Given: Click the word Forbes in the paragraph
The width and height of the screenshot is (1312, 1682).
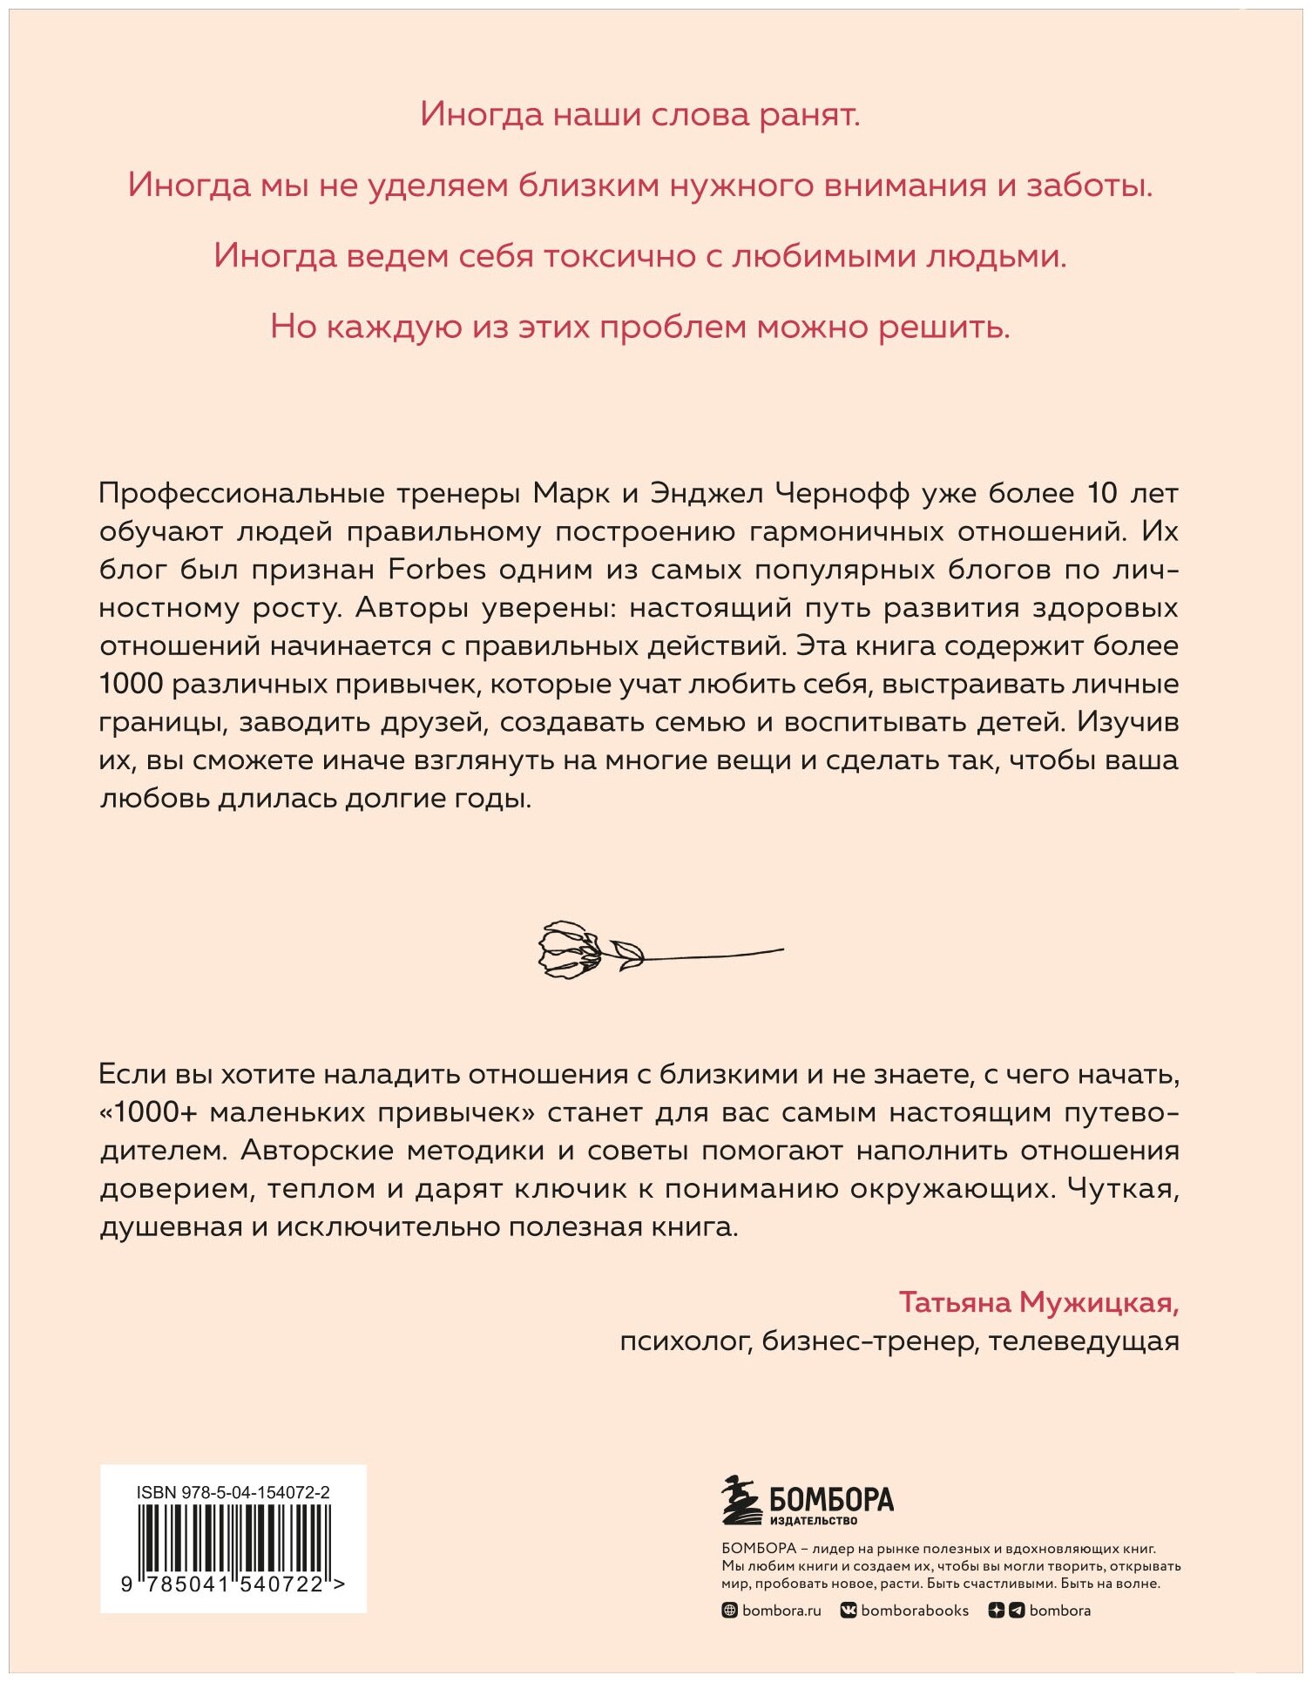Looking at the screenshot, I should pyautogui.click(x=436, y=570).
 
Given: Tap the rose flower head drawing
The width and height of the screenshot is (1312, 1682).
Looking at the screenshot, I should pyautogui.click(x=567, y=949).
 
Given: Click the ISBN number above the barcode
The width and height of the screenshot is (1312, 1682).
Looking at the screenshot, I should pyautogui.click(x=233, y=1492).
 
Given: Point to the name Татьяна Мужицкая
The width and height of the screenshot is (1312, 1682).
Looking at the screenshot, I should pyautogui.click(x=1038, y=1302).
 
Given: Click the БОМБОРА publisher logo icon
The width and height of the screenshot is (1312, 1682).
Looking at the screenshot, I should pyautogui.click(x=741, y=1501).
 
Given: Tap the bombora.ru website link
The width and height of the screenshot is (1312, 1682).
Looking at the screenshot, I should pyautogui.click(x=781, y=1611).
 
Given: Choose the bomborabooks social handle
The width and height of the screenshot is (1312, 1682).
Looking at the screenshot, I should pyautogui.click(x=914, y=1611).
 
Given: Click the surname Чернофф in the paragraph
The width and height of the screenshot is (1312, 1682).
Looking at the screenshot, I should pyautogui.click(x=842, y=493).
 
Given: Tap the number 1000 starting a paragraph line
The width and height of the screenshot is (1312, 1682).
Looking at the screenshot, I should pyautogui.click(x=131, y=684).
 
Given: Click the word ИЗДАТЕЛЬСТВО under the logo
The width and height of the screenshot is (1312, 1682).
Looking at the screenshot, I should pyautogui.click(x=814, y=1521).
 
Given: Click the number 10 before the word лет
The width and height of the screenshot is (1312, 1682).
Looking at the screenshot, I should pyautogui.click(x=1101, y=493).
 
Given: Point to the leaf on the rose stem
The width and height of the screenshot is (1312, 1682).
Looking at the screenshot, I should pyautogui.click(x=627, y=951).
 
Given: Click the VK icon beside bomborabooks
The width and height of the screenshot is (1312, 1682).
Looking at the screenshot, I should pyautogui.click(x=848, y=1611).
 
